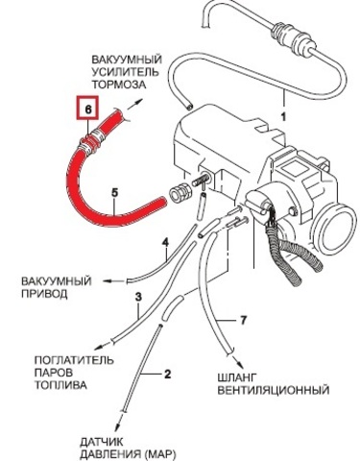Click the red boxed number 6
(x=88, y=109)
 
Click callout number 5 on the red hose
(x=115, y=193)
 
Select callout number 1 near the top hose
(x=283, y=117)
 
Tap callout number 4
(x=165, y=243)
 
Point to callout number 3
(x=138, y=297)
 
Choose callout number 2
(x=167, y=374)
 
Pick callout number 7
(x=243, y=320)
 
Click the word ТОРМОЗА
(x=119, y=85)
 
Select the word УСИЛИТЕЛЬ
(x=125, y=72)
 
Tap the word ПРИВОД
(x=44, y=294)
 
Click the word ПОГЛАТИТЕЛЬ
(x=74, y=360)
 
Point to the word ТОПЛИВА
(x=60, y=385)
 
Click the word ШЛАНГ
(x=237, y=377)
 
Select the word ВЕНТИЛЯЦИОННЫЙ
(x=274, y=390)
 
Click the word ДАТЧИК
(x=102, y=442)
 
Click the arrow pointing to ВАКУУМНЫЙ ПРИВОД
(x=113, y=281)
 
